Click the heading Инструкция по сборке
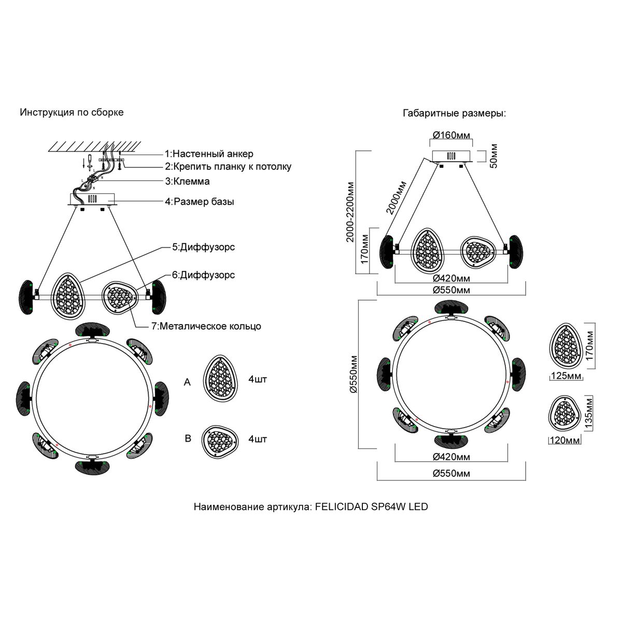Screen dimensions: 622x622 point(72,112)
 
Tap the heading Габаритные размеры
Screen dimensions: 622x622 point(454,114)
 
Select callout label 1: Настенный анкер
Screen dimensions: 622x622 point(209,154)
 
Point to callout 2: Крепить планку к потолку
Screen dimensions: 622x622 point(228,167)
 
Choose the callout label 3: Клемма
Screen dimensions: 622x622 point(187,181)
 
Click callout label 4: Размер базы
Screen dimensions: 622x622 point(199,202)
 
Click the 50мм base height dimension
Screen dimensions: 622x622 point(493,155)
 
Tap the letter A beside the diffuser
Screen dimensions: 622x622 point(188,382)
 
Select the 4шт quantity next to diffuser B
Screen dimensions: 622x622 point(258,439)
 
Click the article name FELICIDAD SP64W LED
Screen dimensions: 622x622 point(310,506)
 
